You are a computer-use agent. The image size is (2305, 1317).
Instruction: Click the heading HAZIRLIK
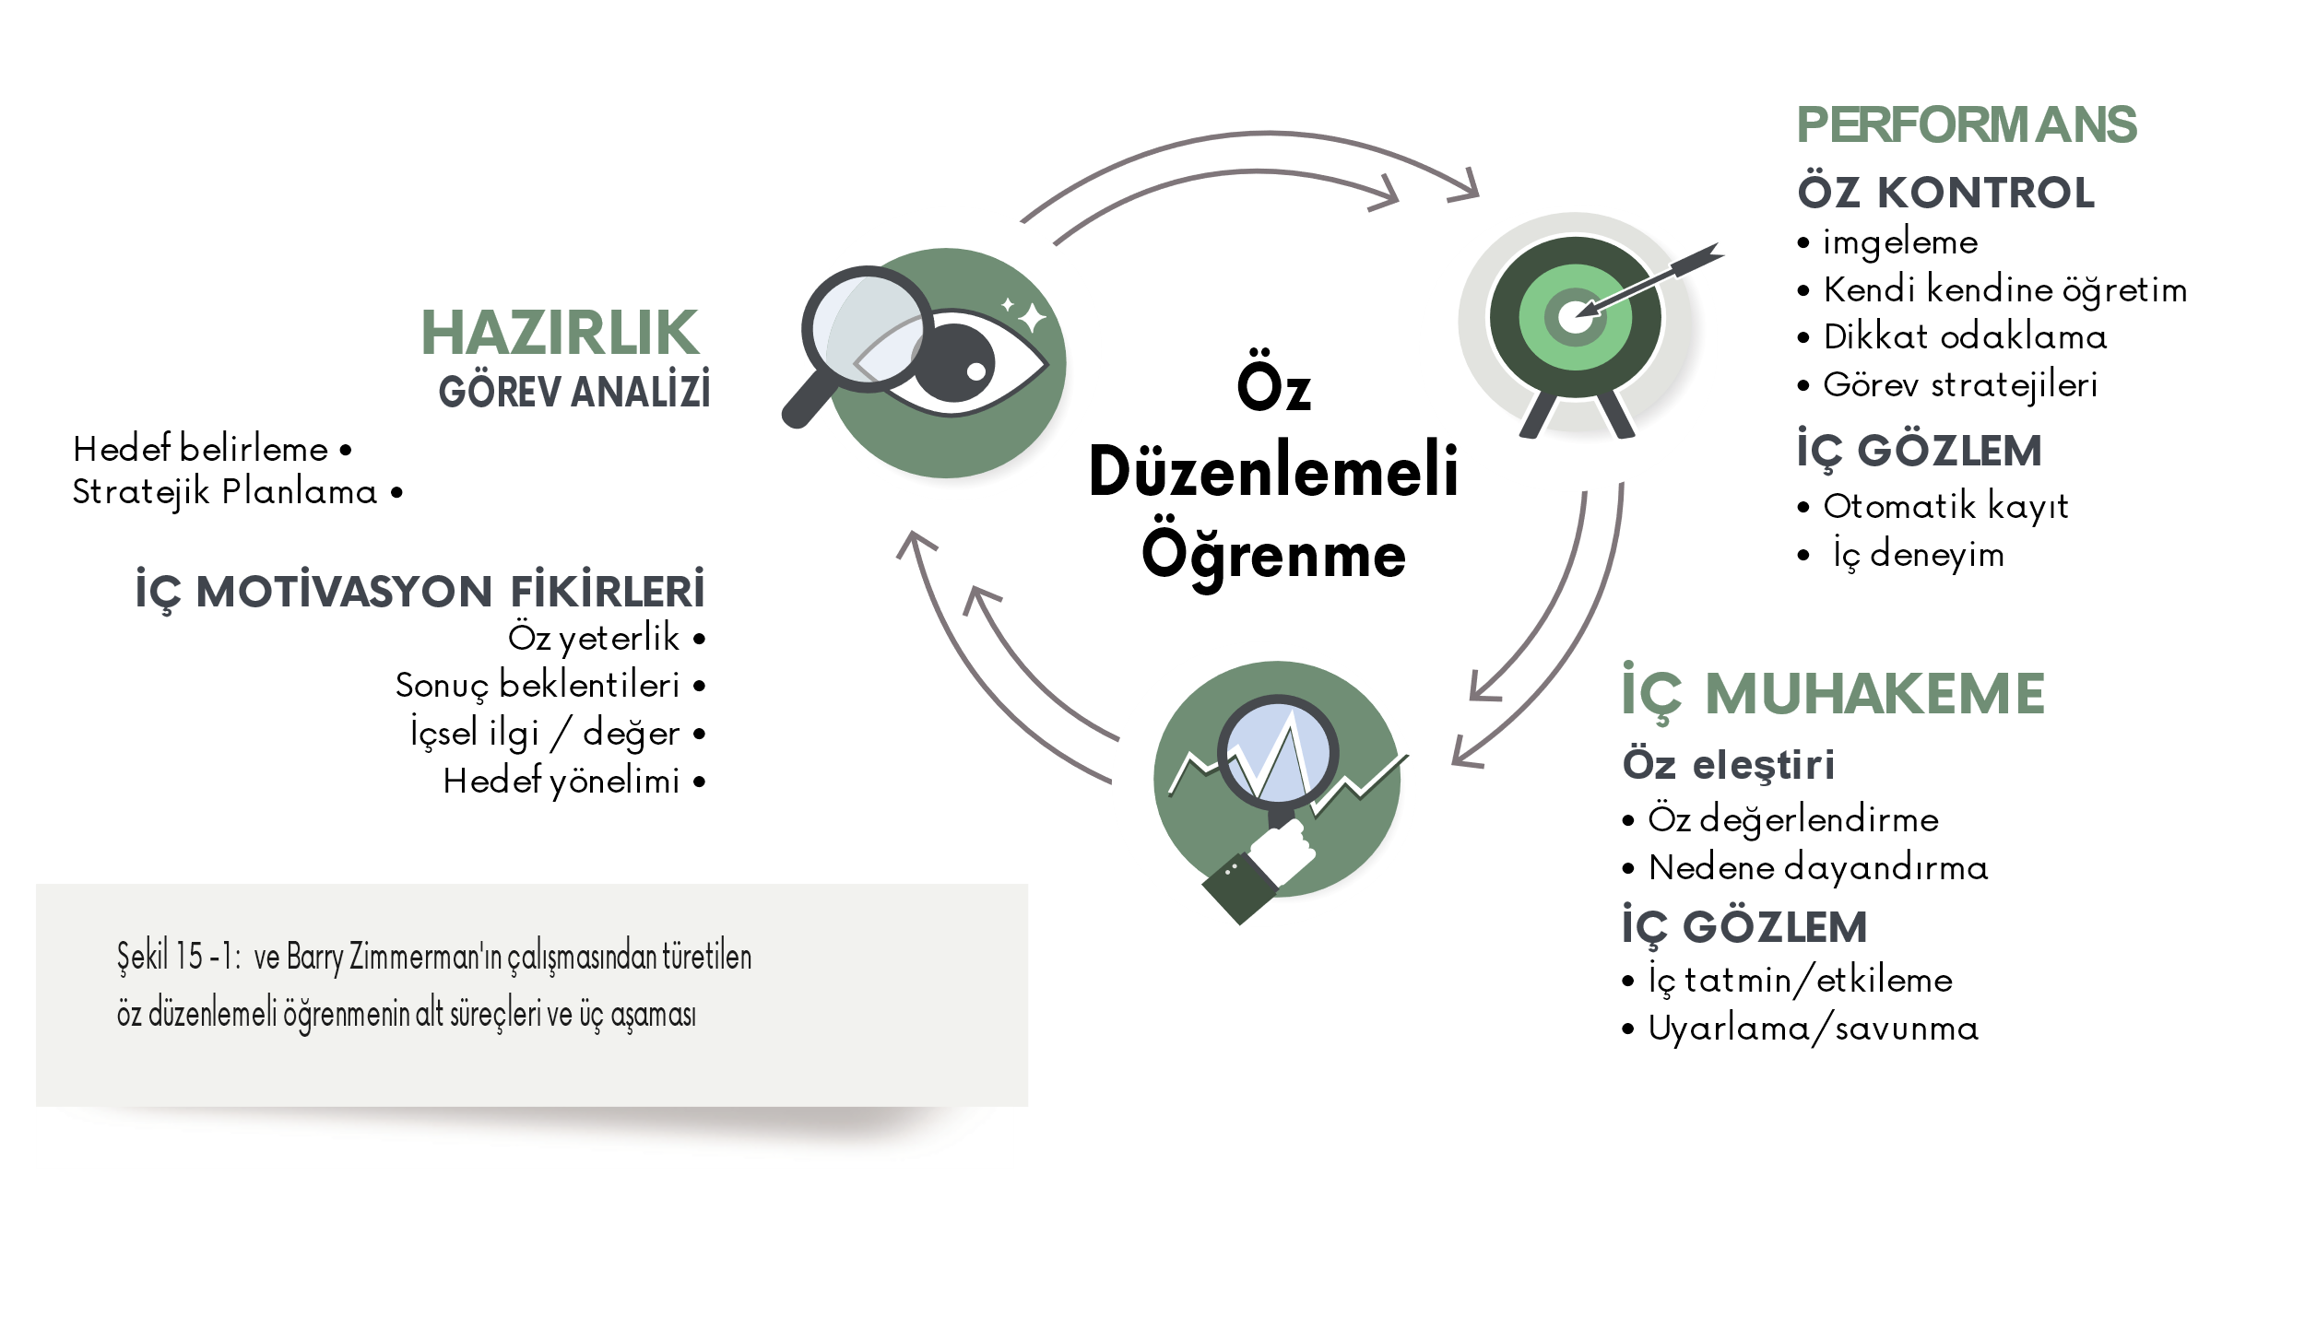click(560, 333)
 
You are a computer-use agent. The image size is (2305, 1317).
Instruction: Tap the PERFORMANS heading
click(1966, 125)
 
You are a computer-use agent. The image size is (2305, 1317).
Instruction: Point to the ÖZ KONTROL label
click(1945, 194)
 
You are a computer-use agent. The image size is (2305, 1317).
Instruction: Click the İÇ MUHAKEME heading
click(1833, 694)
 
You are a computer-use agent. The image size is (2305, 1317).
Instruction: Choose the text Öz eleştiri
click(1728, 765)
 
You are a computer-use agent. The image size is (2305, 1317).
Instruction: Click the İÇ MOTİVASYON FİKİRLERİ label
click(420, 593)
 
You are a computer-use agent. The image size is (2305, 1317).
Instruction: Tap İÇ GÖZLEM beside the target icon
click(1919, 452)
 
